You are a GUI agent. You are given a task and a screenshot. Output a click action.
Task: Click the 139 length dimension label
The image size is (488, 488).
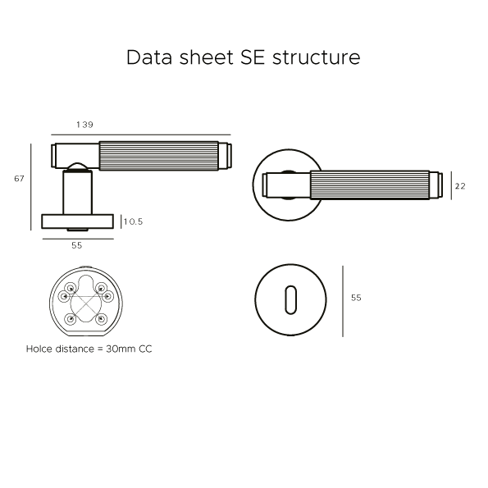pos(84,125)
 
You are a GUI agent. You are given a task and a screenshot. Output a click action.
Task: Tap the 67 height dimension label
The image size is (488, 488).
pos(20,179)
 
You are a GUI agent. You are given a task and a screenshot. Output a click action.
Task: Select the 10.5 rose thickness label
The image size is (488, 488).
pos(133,221)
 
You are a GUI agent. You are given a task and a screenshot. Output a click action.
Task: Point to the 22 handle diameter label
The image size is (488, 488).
pos(460,186)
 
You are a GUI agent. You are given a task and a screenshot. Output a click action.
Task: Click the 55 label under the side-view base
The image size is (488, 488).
pos(77,245)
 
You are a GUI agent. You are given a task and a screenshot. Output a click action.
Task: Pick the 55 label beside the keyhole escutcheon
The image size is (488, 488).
pos(356,298)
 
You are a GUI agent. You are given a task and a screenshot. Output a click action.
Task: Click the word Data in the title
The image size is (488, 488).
pos(149,57)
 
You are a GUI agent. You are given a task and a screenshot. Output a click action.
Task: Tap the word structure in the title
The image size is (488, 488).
pos(317,58)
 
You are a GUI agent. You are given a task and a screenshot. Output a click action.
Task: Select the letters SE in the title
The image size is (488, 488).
pos(253,57)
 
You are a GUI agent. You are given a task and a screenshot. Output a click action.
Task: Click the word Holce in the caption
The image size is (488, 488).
pos(39,349)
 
